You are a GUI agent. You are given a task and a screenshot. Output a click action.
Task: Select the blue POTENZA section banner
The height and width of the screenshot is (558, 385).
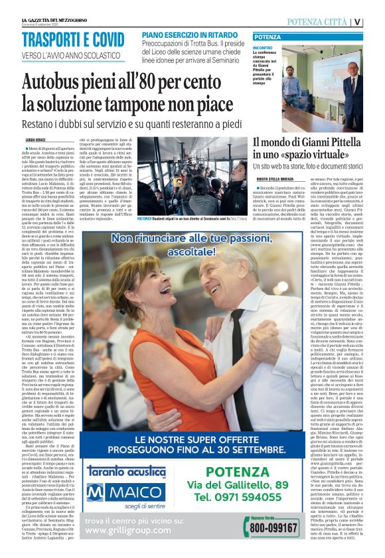pyautogui.click(x=268, y=37)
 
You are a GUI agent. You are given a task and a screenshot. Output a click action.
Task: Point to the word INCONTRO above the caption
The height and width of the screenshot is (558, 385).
pyautogui.click(x=262, y=48)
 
